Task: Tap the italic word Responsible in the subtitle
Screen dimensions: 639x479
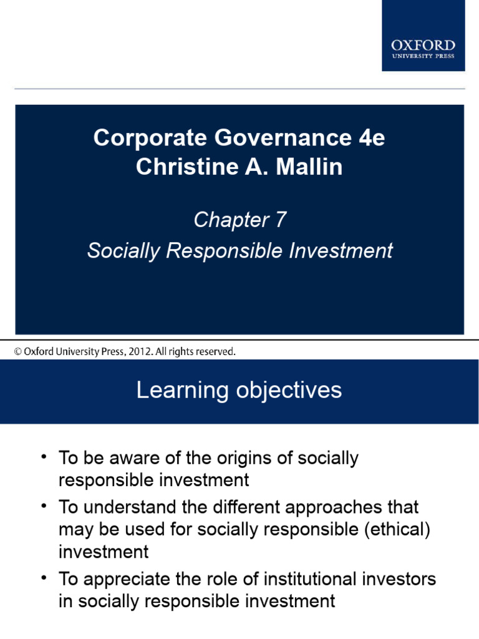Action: (218, 251)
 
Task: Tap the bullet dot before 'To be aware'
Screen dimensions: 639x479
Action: (44, 457)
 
